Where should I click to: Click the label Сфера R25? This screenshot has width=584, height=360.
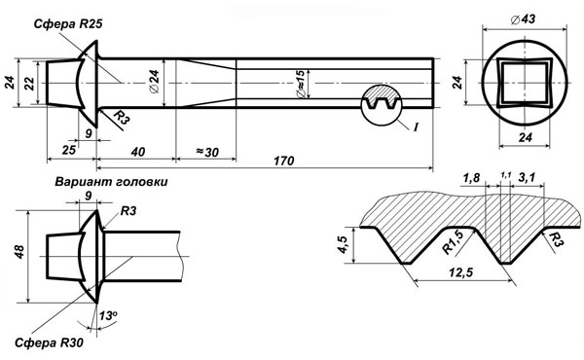68,24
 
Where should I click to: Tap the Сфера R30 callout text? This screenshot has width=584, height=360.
49,342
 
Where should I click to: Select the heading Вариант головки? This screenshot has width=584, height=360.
111,182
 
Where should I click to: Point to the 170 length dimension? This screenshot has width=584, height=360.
284,161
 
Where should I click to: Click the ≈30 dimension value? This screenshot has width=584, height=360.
207,152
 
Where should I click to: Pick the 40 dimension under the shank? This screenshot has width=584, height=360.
138,152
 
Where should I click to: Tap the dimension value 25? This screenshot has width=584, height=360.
68,150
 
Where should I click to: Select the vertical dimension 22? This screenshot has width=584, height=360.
29,83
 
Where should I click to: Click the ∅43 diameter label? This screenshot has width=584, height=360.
523,19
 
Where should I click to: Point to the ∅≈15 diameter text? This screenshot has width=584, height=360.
300,84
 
